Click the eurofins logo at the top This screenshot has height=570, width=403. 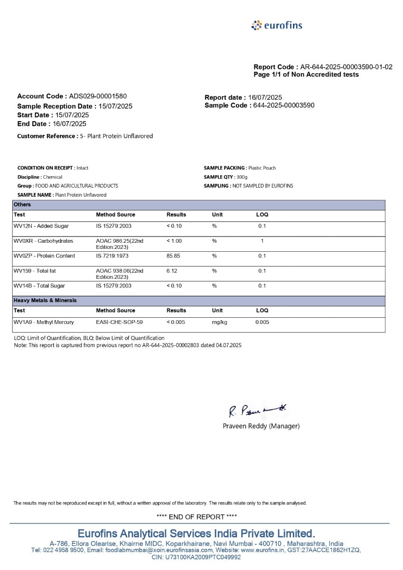tap(277, 25)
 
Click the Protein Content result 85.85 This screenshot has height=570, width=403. tap(174, 256)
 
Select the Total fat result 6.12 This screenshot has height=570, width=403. tap(172, 271)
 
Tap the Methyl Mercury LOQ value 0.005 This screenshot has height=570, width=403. tap(262, 323)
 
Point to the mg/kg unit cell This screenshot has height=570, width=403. tap(219, 323)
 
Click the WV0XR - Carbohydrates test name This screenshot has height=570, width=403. tap(44, 241)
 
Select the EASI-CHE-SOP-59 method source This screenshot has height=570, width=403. tap(119, 323)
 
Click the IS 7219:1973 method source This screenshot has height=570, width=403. tap(113, 256)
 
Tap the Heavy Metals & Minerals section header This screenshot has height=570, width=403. tap(45, 301)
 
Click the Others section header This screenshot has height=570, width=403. tap(22, 205)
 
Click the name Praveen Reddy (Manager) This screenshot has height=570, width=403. tap(261, 426)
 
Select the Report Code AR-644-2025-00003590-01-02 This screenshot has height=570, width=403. tap(346, 67)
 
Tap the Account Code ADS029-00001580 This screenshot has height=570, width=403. tap(98, 96)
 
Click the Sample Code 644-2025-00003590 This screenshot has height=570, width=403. tap(283, 105)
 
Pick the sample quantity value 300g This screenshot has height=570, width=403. tap(242, 177)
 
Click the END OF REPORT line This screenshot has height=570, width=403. tap(197, 517)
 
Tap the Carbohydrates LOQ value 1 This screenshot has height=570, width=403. tap(262, 241)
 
